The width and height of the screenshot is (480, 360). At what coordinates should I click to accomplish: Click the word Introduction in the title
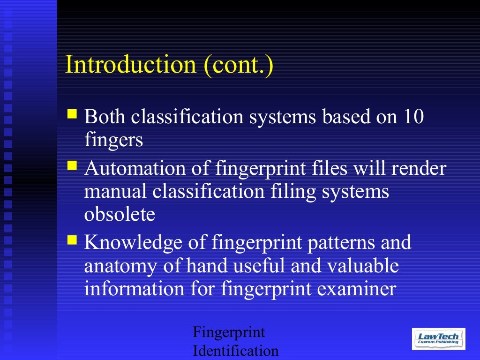coord(130,64)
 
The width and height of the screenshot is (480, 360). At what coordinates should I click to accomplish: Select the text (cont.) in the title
coord(238,65)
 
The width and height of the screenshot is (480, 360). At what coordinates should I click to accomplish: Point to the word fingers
coord(113,140)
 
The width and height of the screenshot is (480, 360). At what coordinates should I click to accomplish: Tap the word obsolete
coord(120,214)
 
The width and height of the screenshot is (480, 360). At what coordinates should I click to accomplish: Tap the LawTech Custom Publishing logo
coord(438,338)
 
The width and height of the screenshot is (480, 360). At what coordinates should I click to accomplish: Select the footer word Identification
coord(235,351)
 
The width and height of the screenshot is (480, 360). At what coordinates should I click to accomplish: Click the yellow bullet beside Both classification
coord(72,113)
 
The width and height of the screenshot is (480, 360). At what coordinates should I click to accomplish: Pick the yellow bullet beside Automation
coord(72,165)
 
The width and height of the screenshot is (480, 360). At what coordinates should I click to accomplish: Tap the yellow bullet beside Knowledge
coord(72,240)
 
